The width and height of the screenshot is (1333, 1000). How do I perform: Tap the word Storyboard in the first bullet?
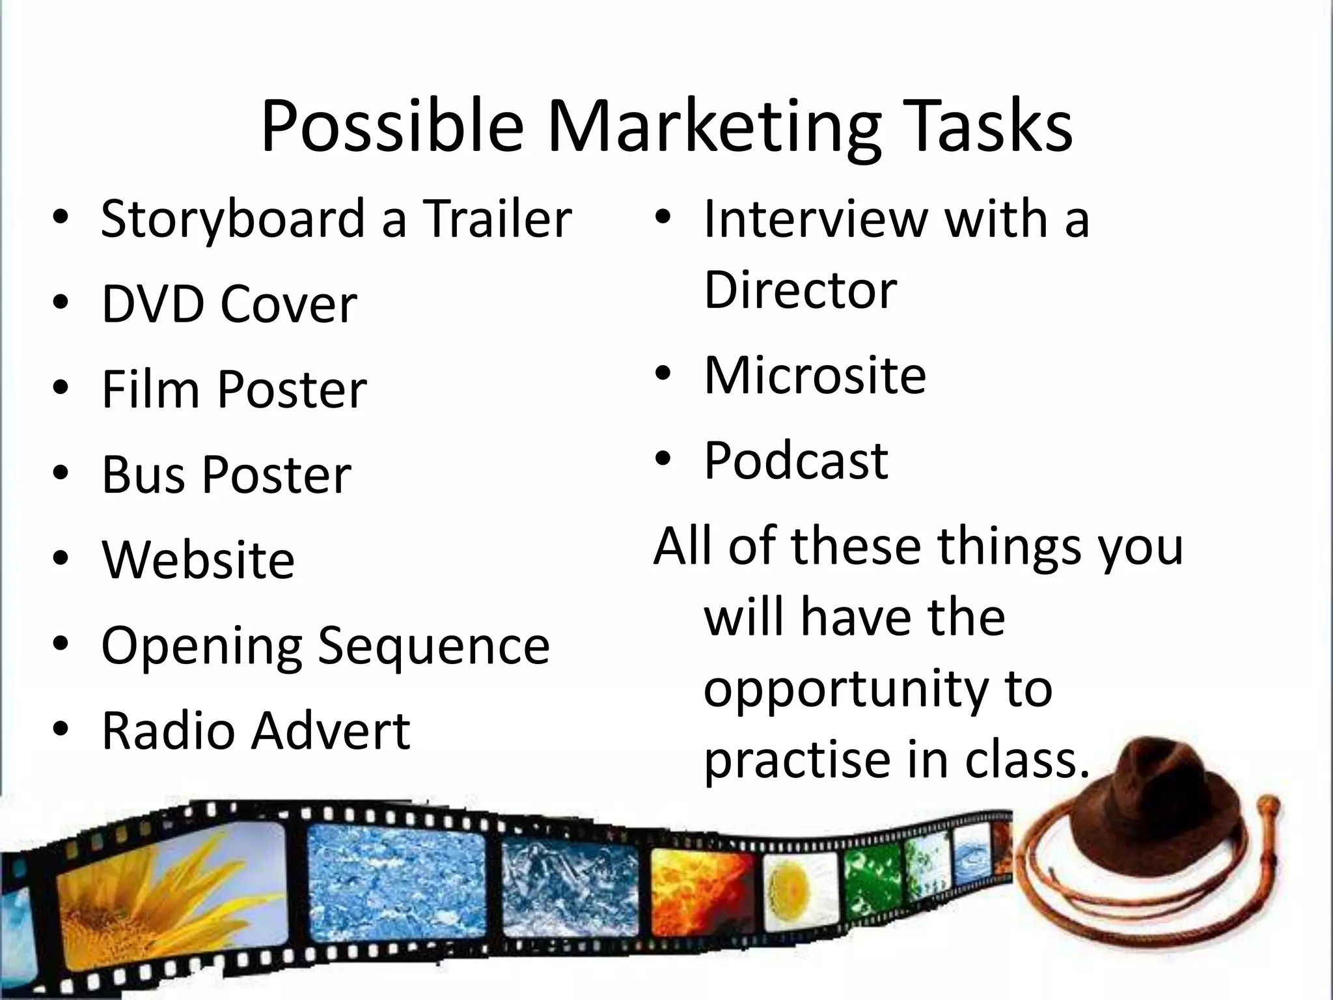(234, 219)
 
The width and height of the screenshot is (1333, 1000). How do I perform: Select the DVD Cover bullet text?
(229, 304)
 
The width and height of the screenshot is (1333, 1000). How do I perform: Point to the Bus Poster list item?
(227, 475)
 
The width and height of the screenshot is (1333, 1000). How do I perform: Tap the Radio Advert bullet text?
(256, 730)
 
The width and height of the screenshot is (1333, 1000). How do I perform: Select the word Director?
(800, 290)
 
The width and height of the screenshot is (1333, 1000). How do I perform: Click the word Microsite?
(815, 376)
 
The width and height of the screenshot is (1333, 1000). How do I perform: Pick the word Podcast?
(795, 461)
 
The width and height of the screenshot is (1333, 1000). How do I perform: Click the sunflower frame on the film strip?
(169, 892)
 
